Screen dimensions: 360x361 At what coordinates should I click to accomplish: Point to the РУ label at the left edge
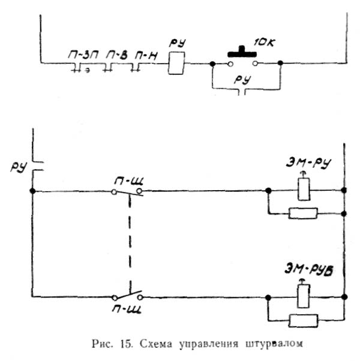pos(18,165)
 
